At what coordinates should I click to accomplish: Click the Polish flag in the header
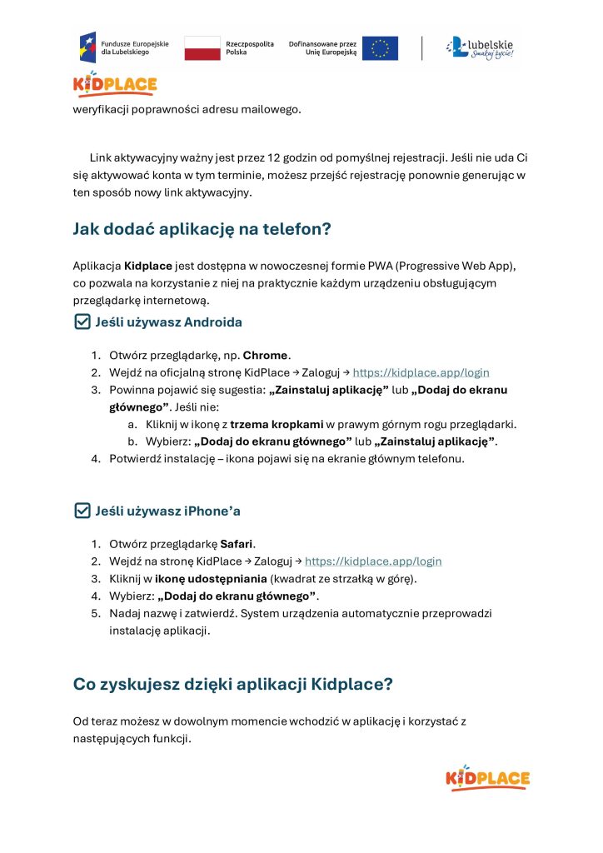point(202,47)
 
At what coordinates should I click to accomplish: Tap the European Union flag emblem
point(380,48)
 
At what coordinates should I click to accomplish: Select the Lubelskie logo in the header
point(480,47)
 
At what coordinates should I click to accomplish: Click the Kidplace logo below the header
point(115,85)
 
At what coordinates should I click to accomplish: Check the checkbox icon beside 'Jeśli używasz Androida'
point(82,322)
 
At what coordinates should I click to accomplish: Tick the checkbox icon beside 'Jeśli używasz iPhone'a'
point(82,510)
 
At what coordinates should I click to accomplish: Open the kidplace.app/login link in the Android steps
point(421,372)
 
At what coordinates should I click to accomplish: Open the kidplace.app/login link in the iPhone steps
point(373,561)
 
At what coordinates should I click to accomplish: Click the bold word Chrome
point(267,355)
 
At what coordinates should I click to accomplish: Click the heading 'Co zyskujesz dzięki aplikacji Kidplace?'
point(233,685)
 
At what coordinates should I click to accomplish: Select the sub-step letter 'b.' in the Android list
point(132,441)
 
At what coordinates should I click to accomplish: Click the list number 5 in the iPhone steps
point(96,614)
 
